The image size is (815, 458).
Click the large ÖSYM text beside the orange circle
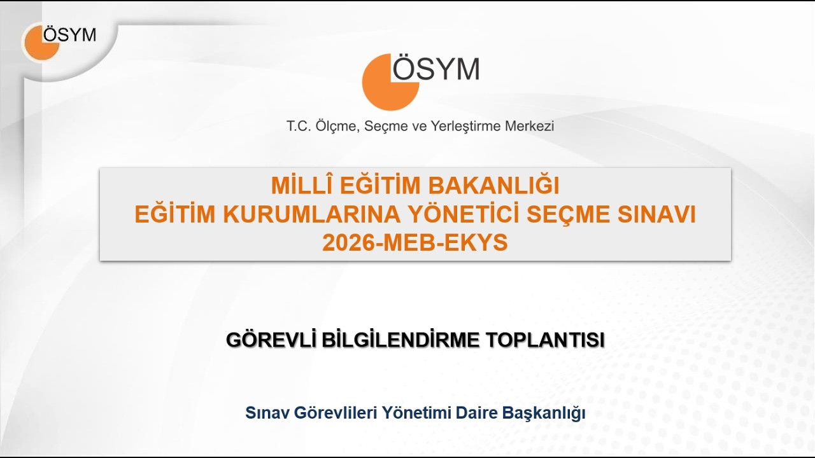point(436,69)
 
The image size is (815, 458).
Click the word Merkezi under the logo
point(529,126)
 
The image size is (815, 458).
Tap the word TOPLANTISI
point(545,340)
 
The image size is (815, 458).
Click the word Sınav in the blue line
point(267,413)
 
